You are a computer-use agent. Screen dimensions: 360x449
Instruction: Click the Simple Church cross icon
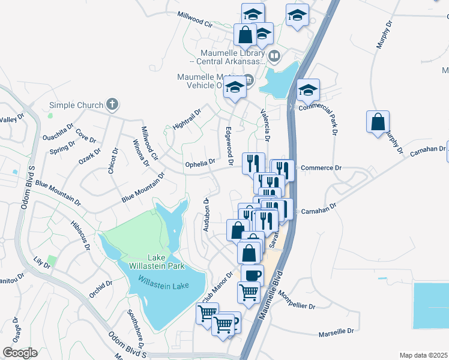coord(112,105)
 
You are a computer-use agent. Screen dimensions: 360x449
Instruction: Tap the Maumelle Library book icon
coord(274,56)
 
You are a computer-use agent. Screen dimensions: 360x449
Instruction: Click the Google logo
coord(20,352)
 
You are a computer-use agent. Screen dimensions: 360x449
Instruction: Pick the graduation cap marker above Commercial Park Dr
coord(308,91)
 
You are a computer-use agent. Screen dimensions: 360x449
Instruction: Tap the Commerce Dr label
coord(321,168)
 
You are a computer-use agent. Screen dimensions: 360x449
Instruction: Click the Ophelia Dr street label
coord(200,163)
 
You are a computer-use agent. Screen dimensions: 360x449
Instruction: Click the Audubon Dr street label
coord(206,215)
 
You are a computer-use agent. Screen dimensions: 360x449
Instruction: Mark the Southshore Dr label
coord(135,329)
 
